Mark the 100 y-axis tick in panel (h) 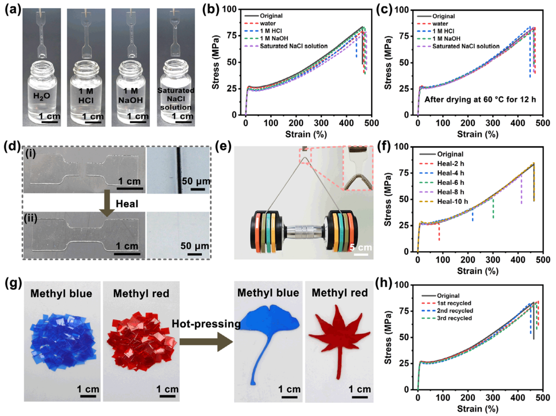405,284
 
